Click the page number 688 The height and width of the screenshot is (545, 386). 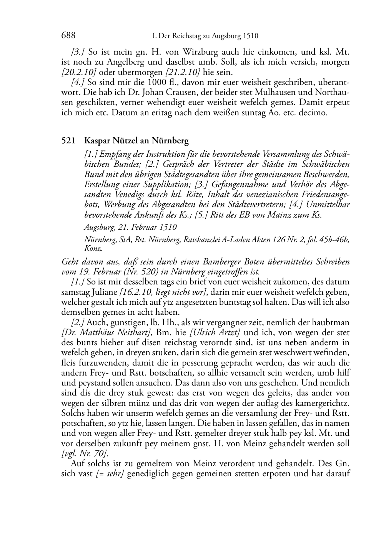pyautogui.click(x=68, y=36)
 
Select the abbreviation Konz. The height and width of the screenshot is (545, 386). pyautogui.click(x=92, y=248)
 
